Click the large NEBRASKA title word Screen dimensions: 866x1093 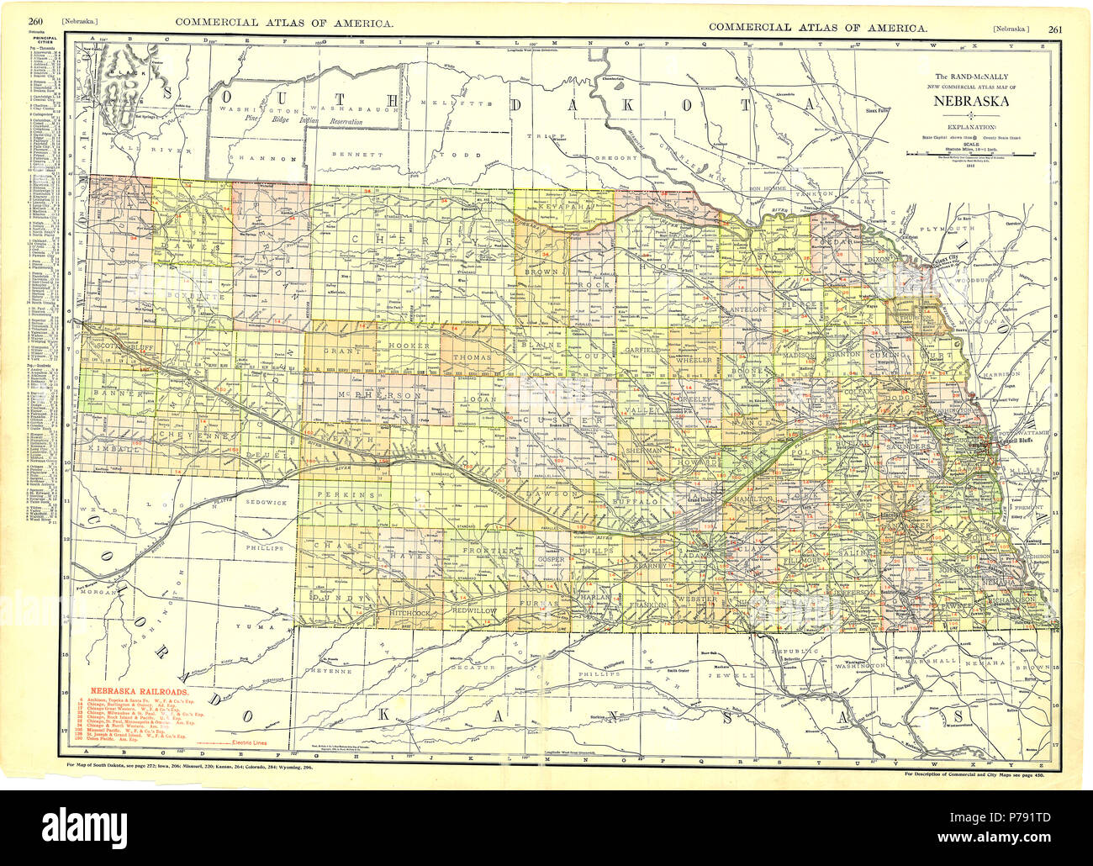click(970, 103)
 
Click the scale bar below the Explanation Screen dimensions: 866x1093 click(970, 155)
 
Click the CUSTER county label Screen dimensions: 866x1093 click(552, 420)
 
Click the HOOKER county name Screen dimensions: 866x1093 click(409, 346)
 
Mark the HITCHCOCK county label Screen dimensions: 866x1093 click(410, 613)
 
